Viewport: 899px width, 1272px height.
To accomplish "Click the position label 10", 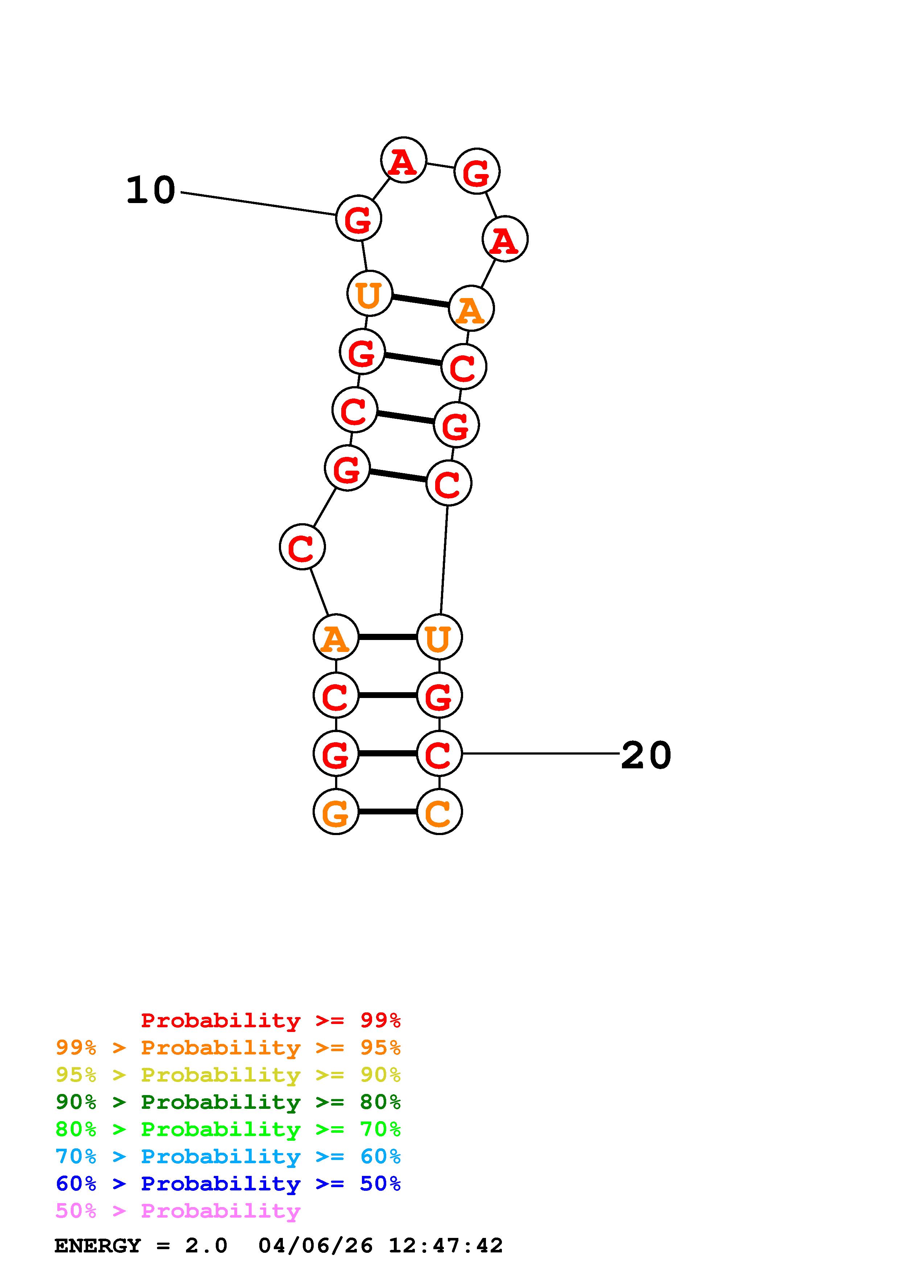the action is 150,191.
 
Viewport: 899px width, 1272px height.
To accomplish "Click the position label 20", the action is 646,756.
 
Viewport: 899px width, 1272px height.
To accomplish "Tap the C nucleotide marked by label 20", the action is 439,753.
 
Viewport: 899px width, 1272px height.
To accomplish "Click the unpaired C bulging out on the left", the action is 302,547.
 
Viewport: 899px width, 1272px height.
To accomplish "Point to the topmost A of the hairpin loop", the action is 403,160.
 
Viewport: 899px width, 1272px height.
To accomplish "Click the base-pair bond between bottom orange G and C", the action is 387,811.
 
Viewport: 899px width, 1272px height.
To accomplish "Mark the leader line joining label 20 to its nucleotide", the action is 540,753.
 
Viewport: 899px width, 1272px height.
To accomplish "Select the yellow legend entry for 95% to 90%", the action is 228,1075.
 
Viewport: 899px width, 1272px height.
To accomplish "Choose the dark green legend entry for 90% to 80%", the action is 228,1102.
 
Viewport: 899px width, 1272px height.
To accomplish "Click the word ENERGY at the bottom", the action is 98,1246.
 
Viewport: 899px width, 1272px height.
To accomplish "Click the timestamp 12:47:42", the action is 445,1246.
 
